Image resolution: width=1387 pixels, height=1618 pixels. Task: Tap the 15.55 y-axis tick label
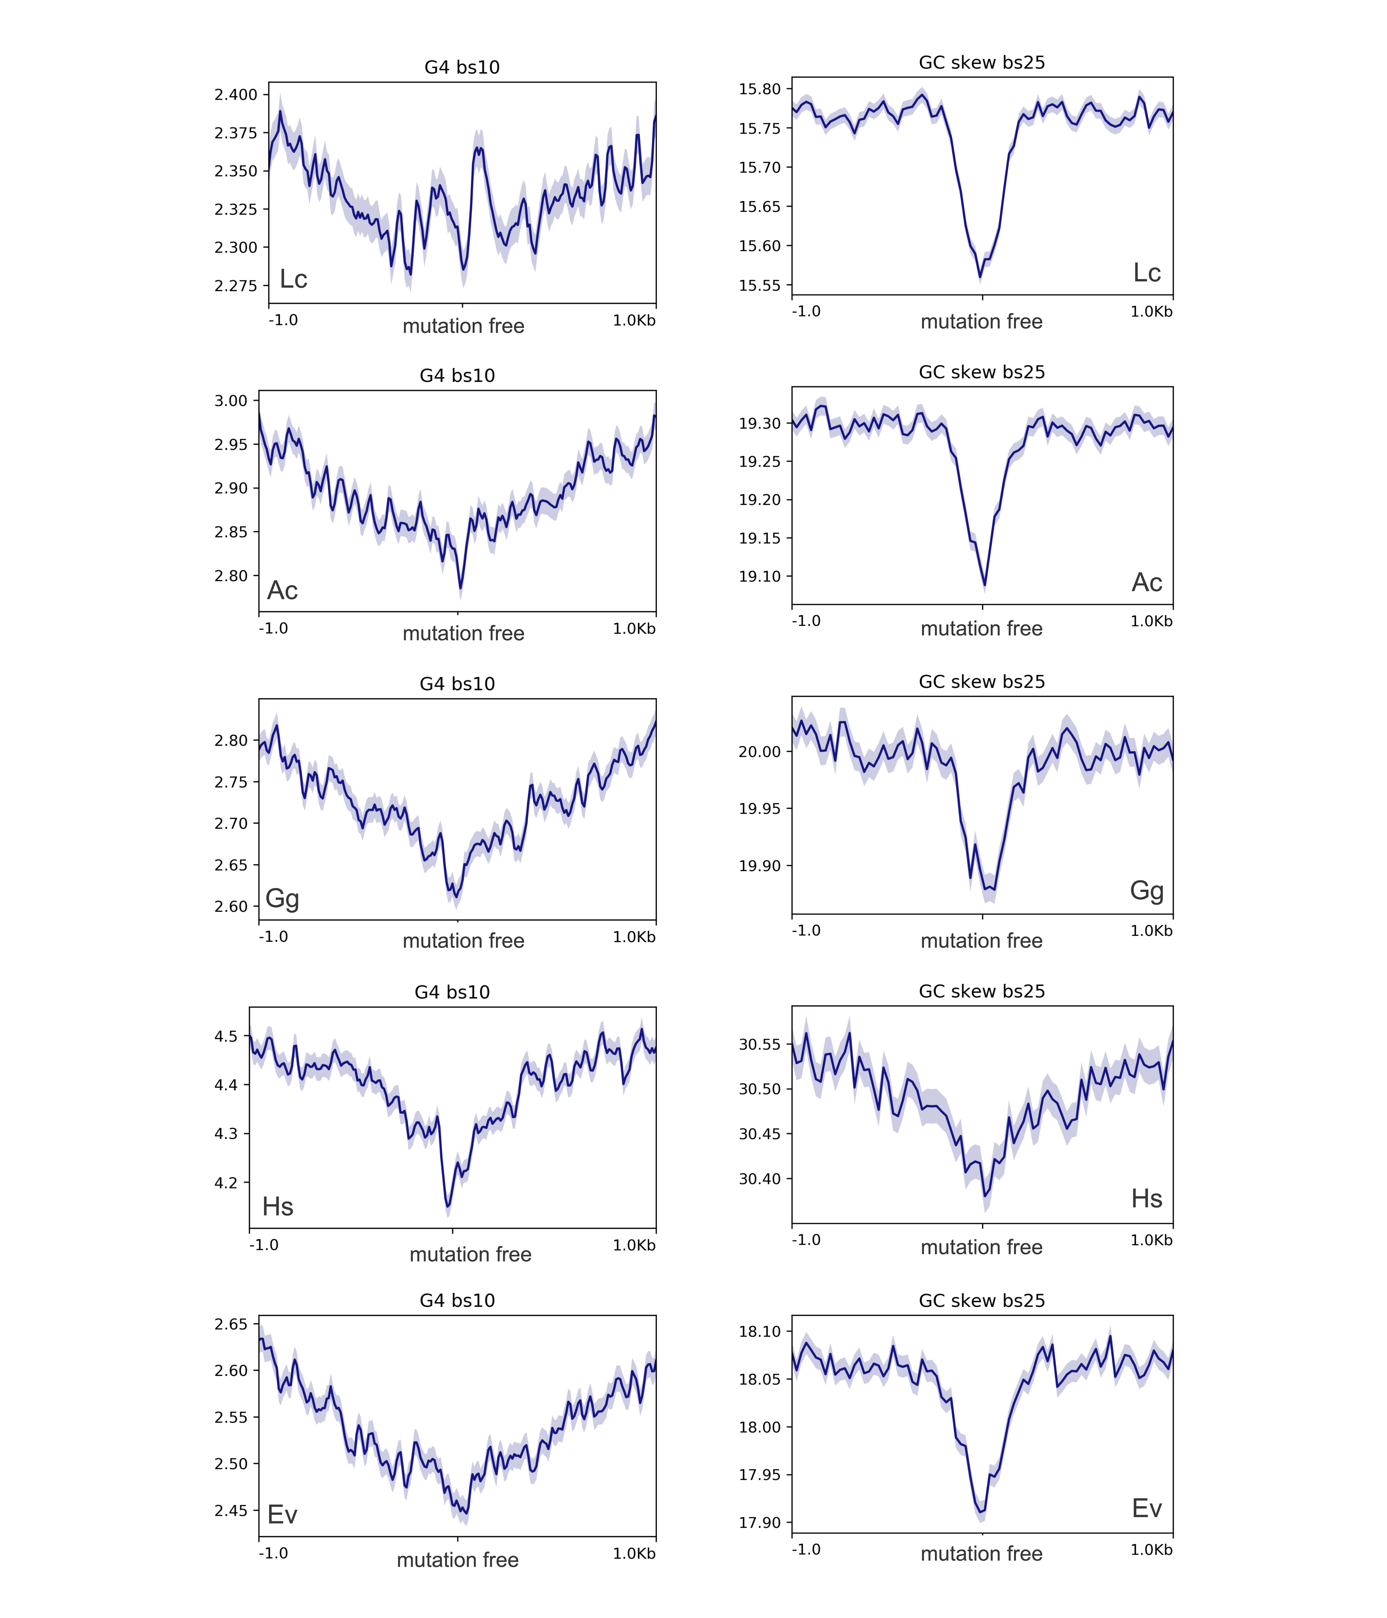coord(759,285)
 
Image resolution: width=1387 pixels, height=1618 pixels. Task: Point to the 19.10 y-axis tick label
coord(759,576)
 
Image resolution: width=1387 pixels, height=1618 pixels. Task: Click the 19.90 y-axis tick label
coord(759,865)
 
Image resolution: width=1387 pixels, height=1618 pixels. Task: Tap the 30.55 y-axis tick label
coord(759,1044)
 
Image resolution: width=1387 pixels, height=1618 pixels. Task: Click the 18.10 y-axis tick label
coord(759,1331)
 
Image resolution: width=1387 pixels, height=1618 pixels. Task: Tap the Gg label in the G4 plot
coord(282,898)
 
